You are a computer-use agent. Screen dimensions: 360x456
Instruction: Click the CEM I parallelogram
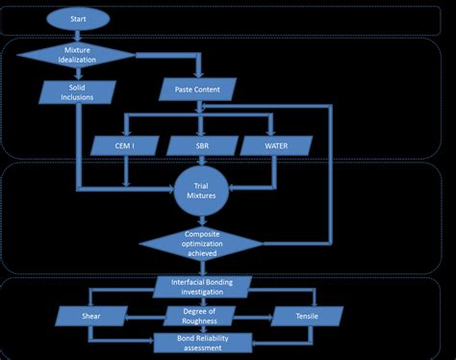[126, 144]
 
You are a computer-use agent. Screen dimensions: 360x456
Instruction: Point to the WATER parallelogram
[277, 144]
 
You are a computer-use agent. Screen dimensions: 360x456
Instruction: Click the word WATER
[277, 144]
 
